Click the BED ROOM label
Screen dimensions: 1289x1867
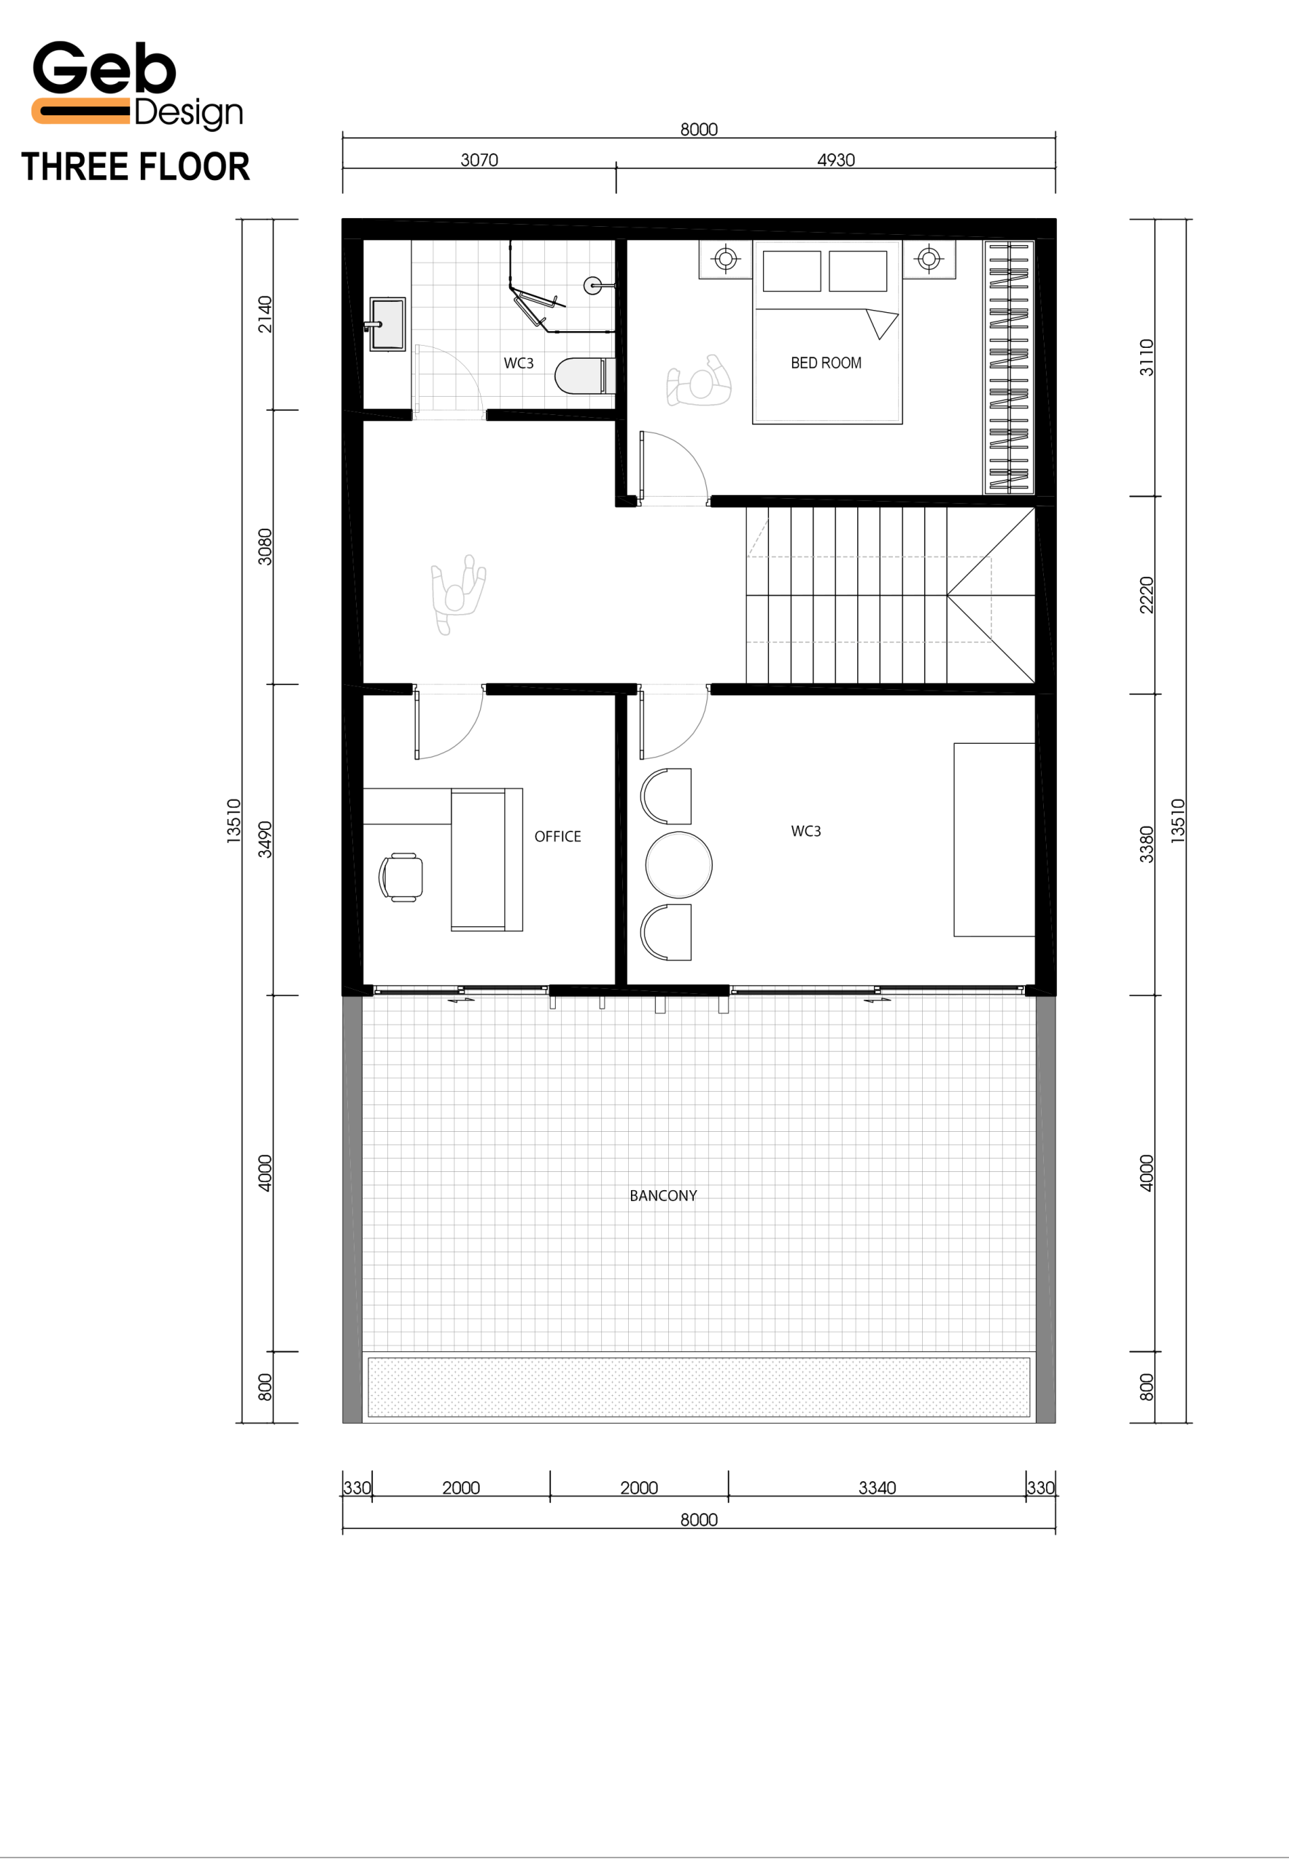click(826, 363)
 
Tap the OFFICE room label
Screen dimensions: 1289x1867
click(557, 837)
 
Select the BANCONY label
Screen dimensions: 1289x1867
click(663, 1196)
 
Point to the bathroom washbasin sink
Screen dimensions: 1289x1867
click(387, 324)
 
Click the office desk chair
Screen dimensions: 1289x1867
click(400, 877)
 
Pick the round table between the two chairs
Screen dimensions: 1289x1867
click(679, 865)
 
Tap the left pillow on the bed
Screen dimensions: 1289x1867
click(791, 271)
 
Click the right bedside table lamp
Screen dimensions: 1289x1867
click(929, 259)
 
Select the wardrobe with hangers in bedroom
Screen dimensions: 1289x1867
click(1009, 367)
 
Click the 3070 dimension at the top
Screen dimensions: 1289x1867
click(479, 160)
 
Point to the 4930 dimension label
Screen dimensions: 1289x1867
click(836, 160)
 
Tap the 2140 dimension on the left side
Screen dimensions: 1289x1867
click(265, 314)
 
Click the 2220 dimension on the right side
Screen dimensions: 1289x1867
click(1146, 595)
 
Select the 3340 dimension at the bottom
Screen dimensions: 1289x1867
click(877, 1488)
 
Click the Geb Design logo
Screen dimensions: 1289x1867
click(137, 85)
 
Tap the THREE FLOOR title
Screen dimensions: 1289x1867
click(136, 167)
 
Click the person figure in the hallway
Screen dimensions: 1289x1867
click(458, 594)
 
